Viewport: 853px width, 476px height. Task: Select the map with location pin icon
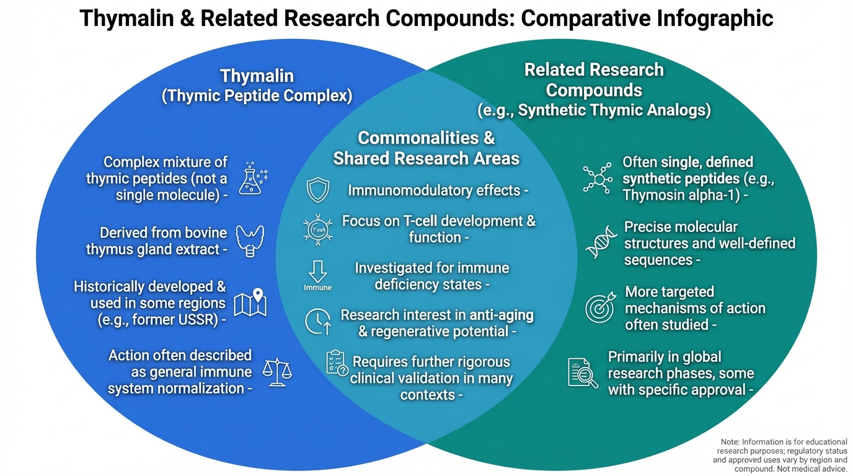tap(250, 302)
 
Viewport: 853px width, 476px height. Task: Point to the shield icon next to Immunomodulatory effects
tap(319, 190)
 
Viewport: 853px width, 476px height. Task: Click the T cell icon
tap(318, 229)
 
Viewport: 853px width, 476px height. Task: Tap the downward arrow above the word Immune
tap(318, 271)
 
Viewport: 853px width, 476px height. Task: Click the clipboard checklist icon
tap(337, 363)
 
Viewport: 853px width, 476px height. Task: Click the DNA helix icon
tap(600, 242)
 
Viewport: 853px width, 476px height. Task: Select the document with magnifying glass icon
tap(583, 373)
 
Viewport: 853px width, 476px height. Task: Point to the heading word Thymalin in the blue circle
tap(257, 76)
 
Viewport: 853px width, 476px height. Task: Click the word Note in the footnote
tap(731, 441)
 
